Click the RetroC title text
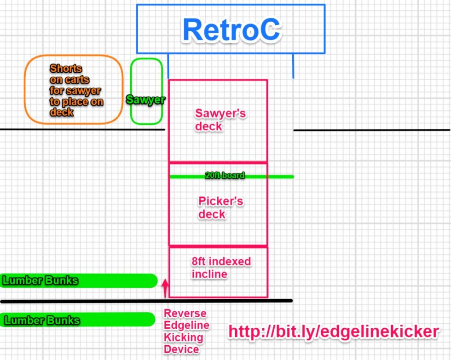tap(231, 30)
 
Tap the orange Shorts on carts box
tap(74, 90)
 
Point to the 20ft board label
tap(225, 175)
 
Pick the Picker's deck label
tap(220, 208)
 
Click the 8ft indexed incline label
tap(221, 267)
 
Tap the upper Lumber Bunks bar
tap(78, 280)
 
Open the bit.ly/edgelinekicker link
tap(333, 331)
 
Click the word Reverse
tap(185, 314)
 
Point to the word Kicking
tap(184, 337)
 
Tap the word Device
tap(181, 349)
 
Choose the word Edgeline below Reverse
tap(186, 325)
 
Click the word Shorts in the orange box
tap(66, 69)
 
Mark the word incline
tap(209, 274)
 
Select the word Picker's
tap(220, 201)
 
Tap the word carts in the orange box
tap(77, 80)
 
